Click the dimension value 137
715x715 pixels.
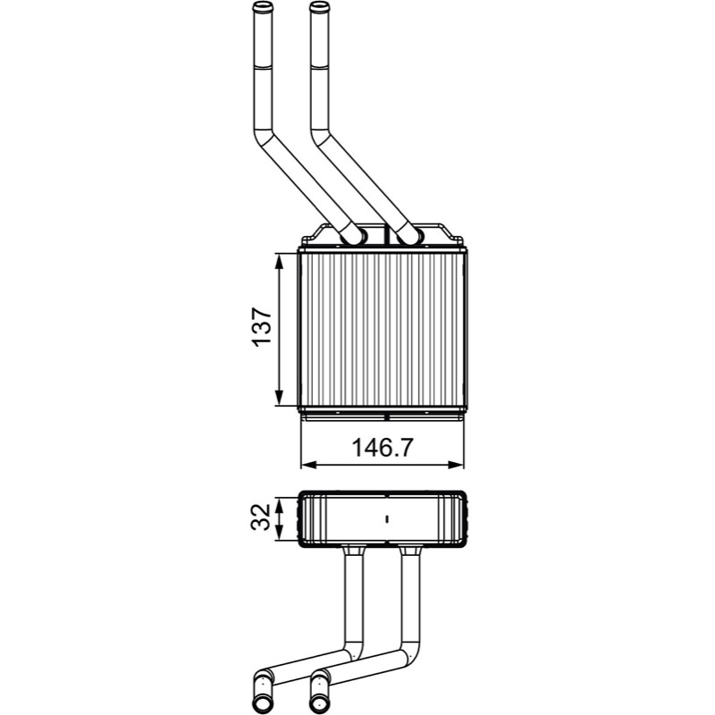[262, 327]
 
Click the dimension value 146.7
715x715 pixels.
[383, 448]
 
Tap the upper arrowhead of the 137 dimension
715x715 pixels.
[280, 262]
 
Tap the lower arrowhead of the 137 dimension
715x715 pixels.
[280, 397]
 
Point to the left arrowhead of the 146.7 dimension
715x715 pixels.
[309, 465]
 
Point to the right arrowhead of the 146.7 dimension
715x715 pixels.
[455, 465]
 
